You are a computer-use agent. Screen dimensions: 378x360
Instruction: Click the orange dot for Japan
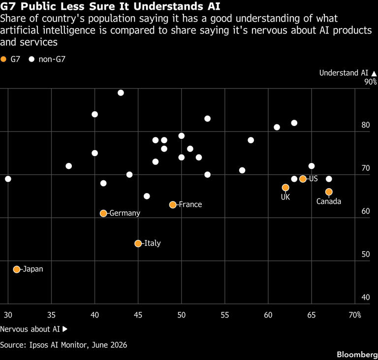click(x=17, y=269)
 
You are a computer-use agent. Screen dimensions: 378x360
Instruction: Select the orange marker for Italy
click(x=138, y=243)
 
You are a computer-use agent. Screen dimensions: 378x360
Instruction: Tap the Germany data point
click(x=103, y=213)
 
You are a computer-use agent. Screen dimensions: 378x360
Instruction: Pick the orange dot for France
click(x=173, y=204)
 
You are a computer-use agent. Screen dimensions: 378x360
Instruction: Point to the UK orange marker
click(x=285, y=188)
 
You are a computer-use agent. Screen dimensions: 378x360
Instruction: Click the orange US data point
click(x=303, y=179)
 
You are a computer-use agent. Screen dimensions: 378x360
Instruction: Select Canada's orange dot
click(x=329, y=192)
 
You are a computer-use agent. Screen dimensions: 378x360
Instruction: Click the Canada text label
click(x=329, y=201)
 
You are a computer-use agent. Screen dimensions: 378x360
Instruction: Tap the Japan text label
click(x=33, y=269)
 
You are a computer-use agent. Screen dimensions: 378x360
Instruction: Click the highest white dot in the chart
click(x=121, y=93)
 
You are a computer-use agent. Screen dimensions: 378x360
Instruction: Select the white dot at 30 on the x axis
click(x=8, y=179)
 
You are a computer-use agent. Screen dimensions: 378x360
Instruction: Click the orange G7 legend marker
click(x=3, y=59)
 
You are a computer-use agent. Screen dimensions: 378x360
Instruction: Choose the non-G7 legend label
click(x=52, y=59)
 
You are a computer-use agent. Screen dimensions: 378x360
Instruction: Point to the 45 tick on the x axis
click(x=138, y=315)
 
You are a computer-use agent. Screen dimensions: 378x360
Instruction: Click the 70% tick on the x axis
click(x=355, y=315)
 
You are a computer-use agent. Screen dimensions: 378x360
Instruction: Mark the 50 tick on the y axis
click(x=366, y=254)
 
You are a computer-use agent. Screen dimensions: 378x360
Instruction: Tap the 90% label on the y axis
click(x=371, y=82)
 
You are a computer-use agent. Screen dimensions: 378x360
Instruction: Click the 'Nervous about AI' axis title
click(x=30, y=329)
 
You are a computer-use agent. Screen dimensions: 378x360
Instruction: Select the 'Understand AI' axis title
click(x=344, y=72)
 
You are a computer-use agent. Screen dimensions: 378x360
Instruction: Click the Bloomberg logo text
click(x=357, y=355)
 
